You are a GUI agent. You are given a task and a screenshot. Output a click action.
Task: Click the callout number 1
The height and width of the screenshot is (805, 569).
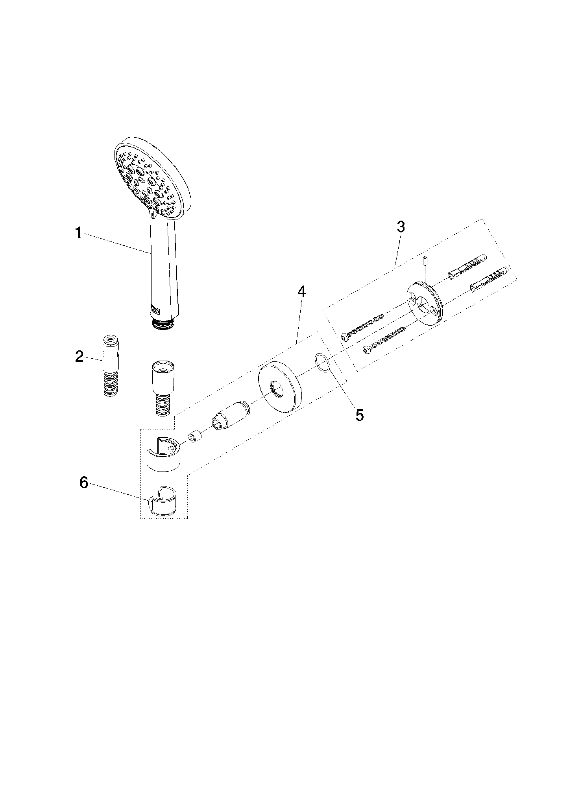[x=79, y=233]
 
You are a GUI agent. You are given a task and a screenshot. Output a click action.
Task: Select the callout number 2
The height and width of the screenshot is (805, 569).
[x=79, y=357]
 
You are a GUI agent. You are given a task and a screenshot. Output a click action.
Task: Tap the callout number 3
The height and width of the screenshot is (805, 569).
[x=401, y=227]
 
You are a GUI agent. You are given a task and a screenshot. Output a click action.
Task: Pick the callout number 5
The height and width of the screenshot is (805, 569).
[x=360, y=415]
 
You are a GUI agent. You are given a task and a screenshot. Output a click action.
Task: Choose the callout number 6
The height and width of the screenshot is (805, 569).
[x=84, y=483]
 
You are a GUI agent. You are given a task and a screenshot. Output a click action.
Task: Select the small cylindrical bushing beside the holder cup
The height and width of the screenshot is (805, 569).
[x=195, y=437]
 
